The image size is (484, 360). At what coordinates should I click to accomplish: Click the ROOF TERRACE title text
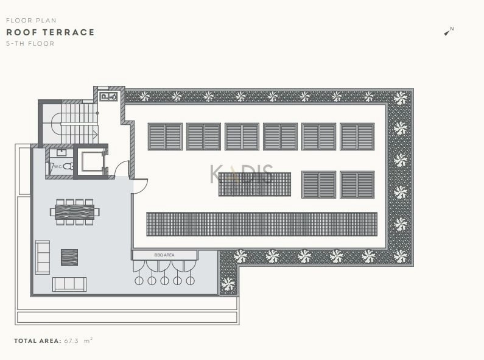tap(51, 32)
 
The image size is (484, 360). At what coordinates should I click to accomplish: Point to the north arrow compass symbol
tap(449, 31)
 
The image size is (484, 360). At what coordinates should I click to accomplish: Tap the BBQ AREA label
tap(164, 255)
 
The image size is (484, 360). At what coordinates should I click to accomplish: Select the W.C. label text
tap(58, 167)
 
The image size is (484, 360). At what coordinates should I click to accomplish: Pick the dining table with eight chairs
tap(75, 212)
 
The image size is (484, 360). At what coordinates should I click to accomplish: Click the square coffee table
tap(69, 258)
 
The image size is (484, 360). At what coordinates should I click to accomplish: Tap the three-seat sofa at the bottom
tap(69, 284)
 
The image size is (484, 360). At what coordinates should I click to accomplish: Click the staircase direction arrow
tap(95, 135)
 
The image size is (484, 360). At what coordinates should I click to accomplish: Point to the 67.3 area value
tap(71, 341)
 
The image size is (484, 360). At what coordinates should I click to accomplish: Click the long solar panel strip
tap(262, 224)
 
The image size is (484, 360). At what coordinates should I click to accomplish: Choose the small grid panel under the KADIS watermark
tap(254, 185)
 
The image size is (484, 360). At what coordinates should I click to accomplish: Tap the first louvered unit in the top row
tap(165, 137)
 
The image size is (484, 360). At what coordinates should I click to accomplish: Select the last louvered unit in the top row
tap(357, 137)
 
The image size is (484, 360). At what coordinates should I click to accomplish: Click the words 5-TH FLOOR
tap(30, 44)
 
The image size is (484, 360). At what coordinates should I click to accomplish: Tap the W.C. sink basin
tap(61, 152)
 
